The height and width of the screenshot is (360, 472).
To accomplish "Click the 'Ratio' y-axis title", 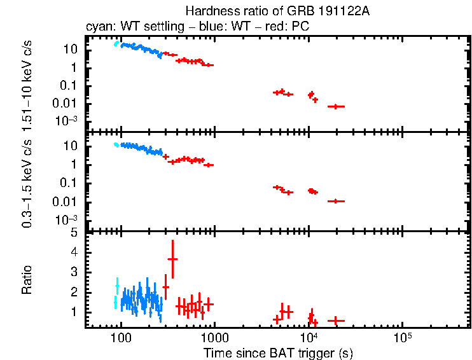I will click(x=27, y=280).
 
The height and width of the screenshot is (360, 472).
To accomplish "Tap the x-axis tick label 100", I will click(x=121, y=337).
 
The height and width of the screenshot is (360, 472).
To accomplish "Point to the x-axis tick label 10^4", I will click(x=309, y=336).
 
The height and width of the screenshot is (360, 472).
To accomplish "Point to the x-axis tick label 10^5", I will click(x=402, y=336).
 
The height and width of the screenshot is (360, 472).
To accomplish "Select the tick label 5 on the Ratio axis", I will click(x=74, y=233).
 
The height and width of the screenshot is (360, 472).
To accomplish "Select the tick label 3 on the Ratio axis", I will click(x=74, y=272).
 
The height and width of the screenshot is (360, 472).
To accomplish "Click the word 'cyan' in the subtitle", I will click(x=97, y=28).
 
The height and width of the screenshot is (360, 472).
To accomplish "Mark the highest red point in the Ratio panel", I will click(x=172, y=259).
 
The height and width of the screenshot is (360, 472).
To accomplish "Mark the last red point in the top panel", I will click(x=336, y=106).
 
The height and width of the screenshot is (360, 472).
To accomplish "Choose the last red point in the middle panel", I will click(x=336, y=201).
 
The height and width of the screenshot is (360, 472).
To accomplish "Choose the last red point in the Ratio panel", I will click(x=336, y=320).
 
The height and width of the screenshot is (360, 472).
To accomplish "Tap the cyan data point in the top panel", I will click(x=116, y=44).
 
